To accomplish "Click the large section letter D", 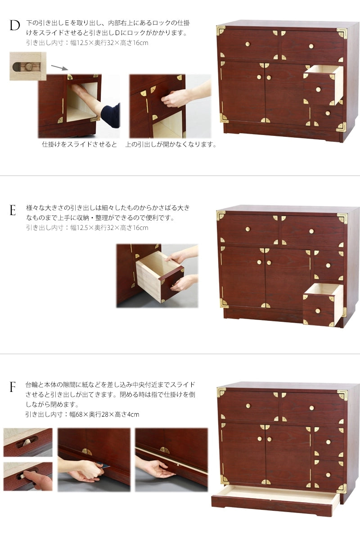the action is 14,26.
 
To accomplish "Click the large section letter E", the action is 13,210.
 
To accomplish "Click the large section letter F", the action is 13,387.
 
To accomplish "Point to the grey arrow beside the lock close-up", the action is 59,67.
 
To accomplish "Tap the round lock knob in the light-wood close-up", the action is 29,67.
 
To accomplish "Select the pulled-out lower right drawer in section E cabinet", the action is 323,305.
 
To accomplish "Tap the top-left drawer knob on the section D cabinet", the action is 247,44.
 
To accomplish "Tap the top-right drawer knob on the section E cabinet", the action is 311,231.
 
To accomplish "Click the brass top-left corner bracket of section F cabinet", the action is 221,392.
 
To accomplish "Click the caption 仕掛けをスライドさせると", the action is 79,144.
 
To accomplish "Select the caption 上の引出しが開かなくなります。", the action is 171,144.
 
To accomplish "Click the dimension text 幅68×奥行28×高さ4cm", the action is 104,414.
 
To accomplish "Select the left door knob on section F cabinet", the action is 260,439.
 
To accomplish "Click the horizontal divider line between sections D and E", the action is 180,176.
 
